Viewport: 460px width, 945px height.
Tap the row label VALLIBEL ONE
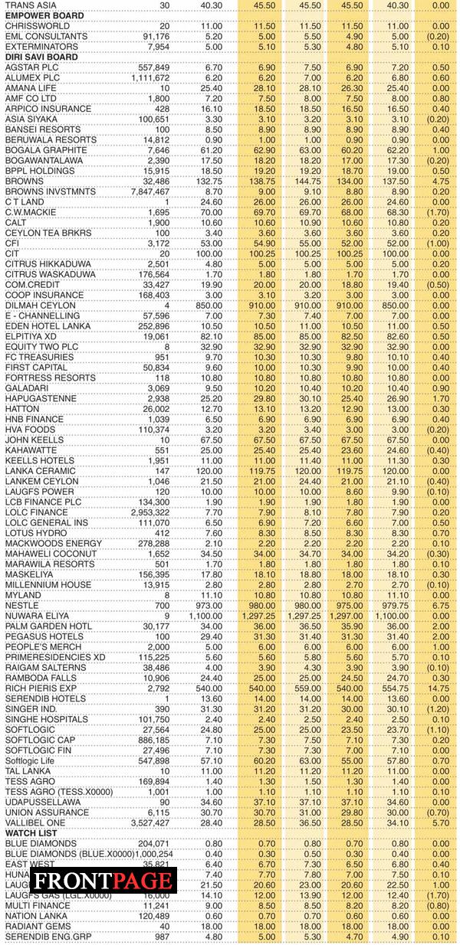coord(35,822)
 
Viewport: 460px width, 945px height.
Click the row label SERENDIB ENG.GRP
coord(48,936)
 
